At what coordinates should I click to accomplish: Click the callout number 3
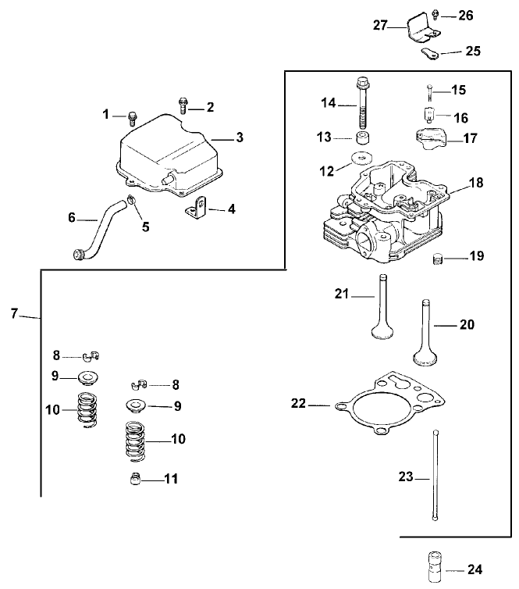(x=240, y=137)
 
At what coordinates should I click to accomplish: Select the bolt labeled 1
(x=132, y=118)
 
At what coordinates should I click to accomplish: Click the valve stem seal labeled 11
(x=135, y=478)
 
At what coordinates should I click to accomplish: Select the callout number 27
(x=379, y=25)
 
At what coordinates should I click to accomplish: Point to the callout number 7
(x=13, y=313)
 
